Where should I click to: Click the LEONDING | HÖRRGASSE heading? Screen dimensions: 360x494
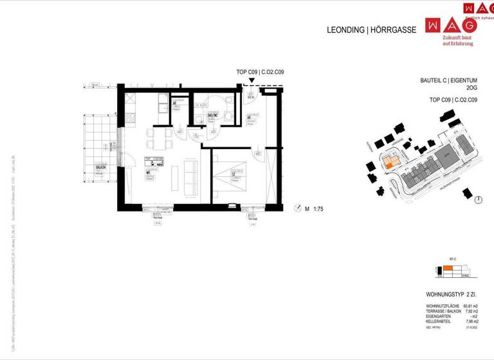point(372,30)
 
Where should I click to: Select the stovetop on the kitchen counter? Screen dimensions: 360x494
point(129,118)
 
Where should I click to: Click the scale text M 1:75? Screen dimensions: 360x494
point(315,209)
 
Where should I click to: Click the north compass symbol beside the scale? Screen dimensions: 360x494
point(297,208)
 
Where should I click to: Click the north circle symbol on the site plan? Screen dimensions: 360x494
point(478,200)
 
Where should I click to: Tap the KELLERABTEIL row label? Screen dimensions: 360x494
point(439,321)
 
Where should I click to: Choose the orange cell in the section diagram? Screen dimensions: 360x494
point(448,268)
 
